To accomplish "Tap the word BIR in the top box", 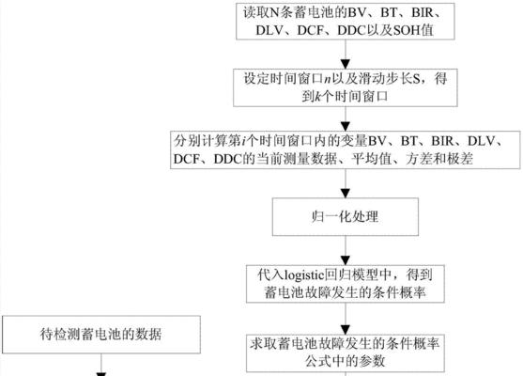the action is click(x=423, y=12).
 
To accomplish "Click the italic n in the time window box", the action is click(x=327, y=79).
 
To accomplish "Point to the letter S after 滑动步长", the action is click(x=416, y=79).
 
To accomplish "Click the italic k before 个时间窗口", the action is click(x=318, y=97).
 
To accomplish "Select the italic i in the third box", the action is click(x=243, y=141).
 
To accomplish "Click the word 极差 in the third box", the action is click(x=460, y=159).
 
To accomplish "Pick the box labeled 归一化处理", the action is click(x=346, y=217).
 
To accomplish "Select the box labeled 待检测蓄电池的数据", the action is click(x=101, y=335).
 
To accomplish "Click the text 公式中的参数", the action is click(x=345, y=361).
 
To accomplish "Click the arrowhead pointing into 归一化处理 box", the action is click(x=346, y=194).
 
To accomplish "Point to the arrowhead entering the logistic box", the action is click(x=346, y=260).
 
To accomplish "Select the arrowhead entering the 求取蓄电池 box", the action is click(x=346, y=330).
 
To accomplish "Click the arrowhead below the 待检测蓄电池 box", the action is click(x=101, y=374).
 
